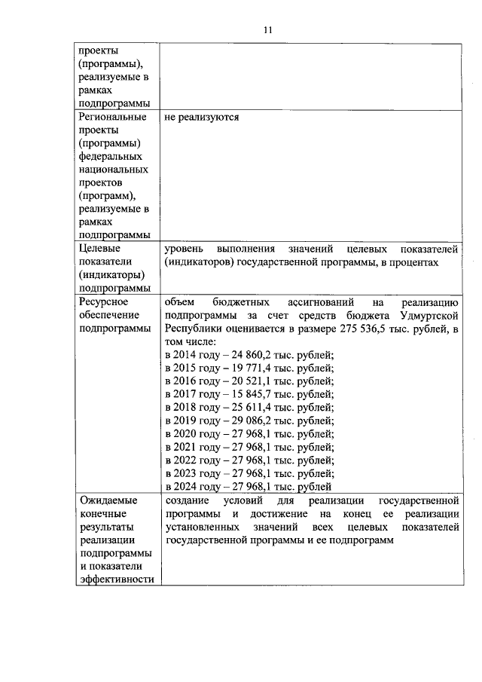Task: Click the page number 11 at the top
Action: click(x=267, y=29)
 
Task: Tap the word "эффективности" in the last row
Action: click(x=116, y=579)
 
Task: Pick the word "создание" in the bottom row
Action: click(x=187, y=500)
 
